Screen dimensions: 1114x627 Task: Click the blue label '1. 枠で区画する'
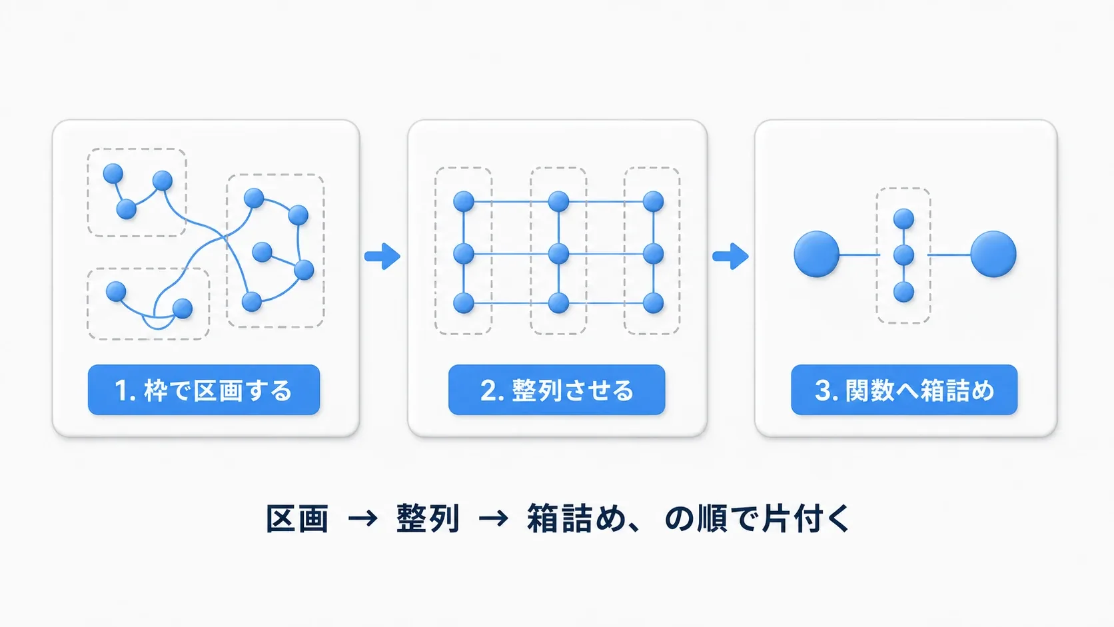[204, 390]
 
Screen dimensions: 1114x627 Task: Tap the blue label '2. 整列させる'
[556, 390]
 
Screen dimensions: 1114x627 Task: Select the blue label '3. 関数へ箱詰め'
[904, 390]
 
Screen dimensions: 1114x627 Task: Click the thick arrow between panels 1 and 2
[382, 256]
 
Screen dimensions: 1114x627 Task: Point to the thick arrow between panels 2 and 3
[731, 256]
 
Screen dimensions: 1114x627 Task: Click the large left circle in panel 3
[817, 254]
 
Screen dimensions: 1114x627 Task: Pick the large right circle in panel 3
[993, 254]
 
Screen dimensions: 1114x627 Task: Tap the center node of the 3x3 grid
[558, 254]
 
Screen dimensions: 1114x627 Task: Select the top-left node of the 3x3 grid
[464, 201]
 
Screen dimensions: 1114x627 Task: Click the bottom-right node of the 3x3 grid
[653, 303]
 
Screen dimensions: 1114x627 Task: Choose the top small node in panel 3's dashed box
[903, 219]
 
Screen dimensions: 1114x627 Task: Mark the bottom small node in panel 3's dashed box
[903, 292]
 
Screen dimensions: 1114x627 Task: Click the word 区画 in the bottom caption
[297, 518]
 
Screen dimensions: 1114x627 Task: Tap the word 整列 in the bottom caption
[427, 518]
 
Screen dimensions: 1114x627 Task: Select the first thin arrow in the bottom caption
[362, 519]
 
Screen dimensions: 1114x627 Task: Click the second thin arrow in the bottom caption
[493, 519]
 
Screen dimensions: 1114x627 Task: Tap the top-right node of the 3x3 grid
[653, 201]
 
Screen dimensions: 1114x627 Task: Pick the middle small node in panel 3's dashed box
[903, 255]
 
